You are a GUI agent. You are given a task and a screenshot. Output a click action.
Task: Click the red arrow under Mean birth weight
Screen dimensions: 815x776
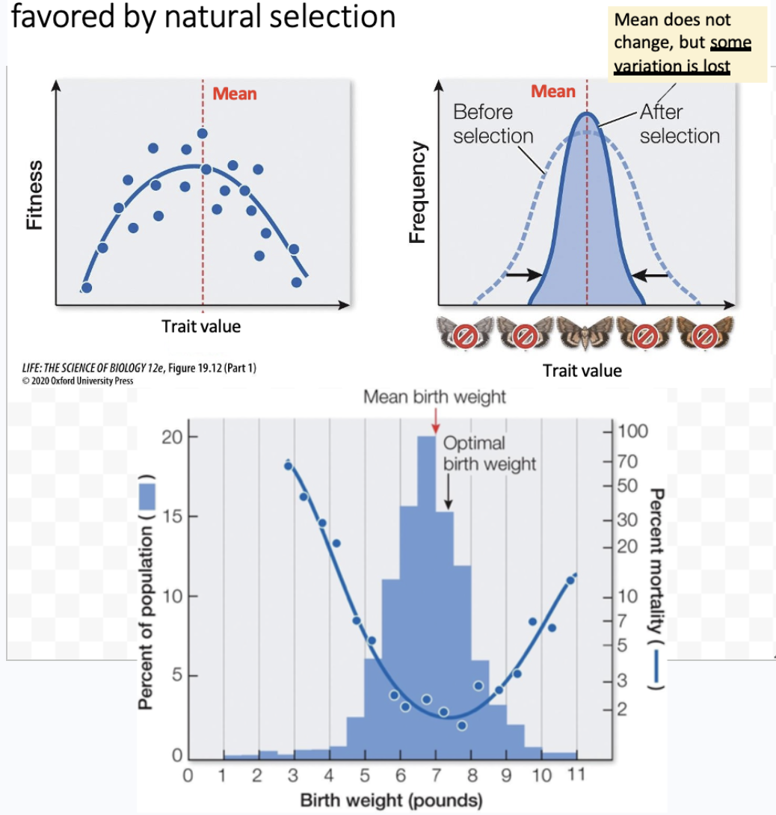pos(434,422)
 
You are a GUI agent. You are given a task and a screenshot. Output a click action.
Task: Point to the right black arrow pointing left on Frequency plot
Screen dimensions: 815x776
pos(650,275)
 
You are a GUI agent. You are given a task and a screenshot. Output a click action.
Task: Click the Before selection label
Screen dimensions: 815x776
pos(493,124)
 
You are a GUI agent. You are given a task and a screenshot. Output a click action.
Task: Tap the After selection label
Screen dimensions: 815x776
pos(679,124)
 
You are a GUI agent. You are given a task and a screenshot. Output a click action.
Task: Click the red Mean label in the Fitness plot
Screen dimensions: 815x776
pos(234,93)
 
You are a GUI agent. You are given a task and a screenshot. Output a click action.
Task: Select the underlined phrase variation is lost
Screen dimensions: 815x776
pos(671,66)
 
